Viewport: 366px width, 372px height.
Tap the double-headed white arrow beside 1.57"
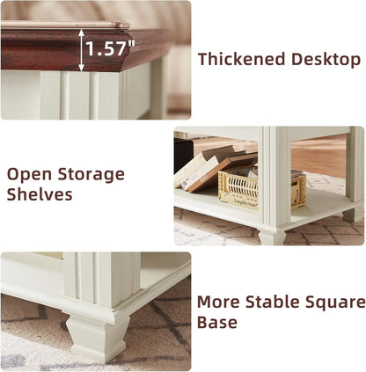[x=82, y=49]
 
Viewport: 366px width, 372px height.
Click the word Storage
[x=91, y=173]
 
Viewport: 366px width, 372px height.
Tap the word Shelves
[x=40, y=194]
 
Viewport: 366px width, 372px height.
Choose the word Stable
[x=278, y=302]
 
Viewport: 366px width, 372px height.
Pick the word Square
[x=339, y=302]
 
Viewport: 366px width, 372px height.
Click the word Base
[x=217, y=323]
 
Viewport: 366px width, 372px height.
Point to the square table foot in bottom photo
[x=97, y=338]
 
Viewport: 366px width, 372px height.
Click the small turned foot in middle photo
[x=272, y=236]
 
